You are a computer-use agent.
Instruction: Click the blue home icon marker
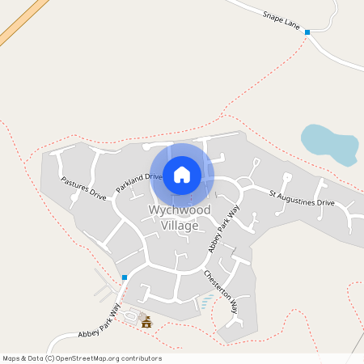[182, 174]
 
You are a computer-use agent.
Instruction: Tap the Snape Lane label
[281, 19]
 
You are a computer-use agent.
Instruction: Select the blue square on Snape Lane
[307, 32]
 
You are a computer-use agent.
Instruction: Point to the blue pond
[328, 143]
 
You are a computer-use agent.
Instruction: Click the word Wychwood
[180, 210]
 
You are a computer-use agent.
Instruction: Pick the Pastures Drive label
[83, 188]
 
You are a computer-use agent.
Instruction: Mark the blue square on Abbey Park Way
[125, 277]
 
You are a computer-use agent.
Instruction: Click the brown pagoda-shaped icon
[146, 322]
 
